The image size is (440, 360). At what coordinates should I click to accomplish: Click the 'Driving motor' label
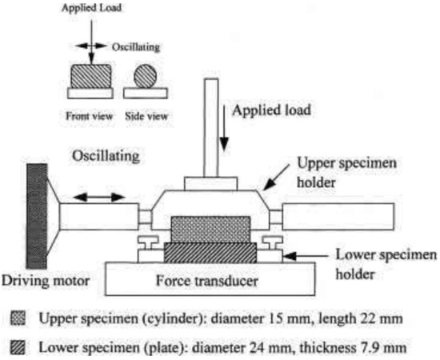[x=46, y=281]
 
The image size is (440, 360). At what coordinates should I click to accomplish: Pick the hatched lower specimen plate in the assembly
[x=210, y=254]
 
